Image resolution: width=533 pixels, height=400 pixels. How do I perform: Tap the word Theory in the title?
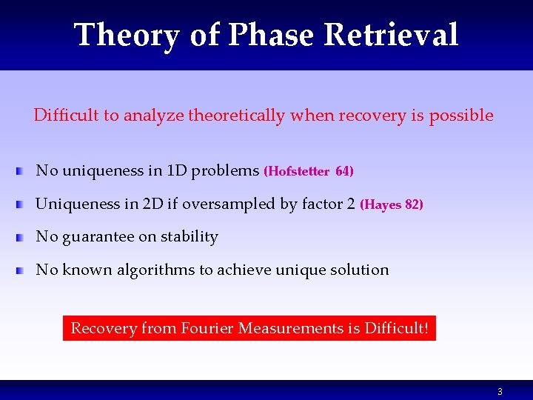[126, 36]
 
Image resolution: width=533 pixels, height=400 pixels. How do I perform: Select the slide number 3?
[500, 391]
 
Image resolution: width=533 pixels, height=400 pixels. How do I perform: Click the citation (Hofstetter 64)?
[309, 171]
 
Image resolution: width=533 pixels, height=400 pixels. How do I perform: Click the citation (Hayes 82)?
[391, 204]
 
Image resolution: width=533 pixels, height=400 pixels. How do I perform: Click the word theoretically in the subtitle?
[237, 116]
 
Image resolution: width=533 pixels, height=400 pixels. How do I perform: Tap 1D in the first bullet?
[177, 171]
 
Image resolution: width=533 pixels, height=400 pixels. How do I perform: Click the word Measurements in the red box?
[284, 327]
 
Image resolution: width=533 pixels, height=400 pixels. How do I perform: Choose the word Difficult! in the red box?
[396, 327]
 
